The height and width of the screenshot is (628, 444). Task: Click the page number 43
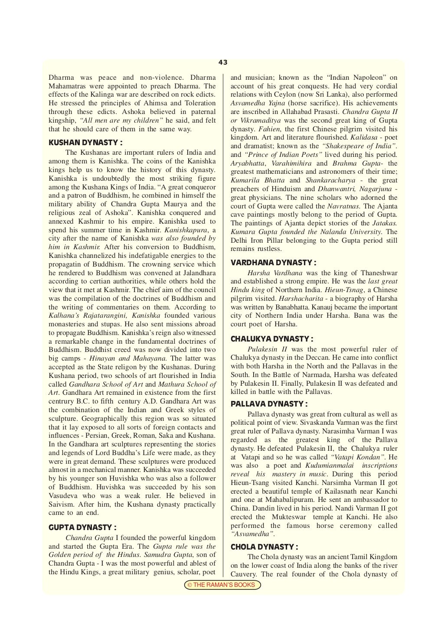point(223,62)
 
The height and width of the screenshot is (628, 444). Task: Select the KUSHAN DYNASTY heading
point(85,142)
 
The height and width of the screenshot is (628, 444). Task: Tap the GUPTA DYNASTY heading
point(82,527)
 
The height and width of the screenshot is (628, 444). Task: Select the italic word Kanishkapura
point(183,230)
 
